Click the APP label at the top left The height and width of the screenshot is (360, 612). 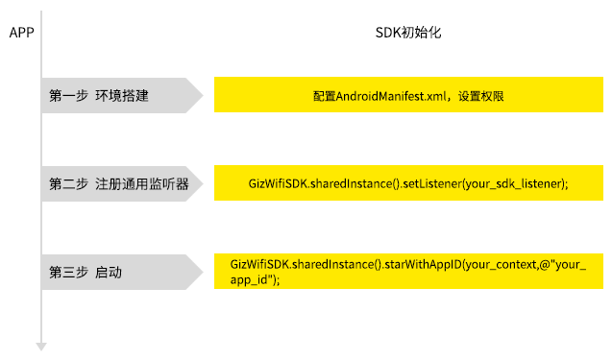click(x=21, y=33)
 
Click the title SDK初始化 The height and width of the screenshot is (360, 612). click(x=407, y=33)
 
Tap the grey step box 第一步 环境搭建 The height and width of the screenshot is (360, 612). click(x=120, y=96)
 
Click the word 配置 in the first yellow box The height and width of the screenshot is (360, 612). click(x=324, y=96)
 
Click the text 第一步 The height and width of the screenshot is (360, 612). click(x=68, y=96)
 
